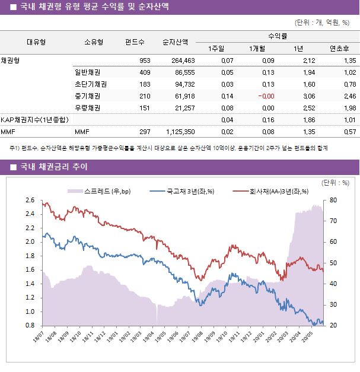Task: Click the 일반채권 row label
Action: pos(87,72)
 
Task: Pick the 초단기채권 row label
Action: pos(87,84)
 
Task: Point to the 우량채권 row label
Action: pos(87,107)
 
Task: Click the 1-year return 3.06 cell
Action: pos(308,96)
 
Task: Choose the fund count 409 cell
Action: pos(144,72)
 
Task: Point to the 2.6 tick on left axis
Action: pos(30,201)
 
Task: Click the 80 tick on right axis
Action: pos(333,201)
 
